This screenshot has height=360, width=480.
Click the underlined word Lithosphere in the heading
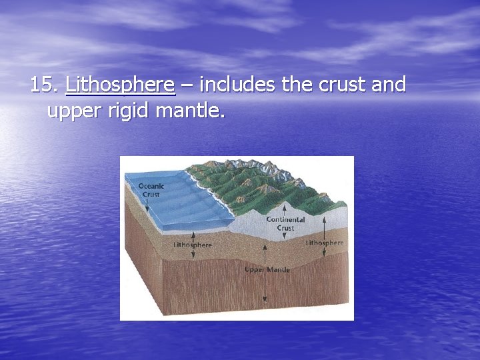(120, 85)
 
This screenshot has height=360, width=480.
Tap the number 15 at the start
(45, 85)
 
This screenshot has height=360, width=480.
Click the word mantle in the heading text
(190, 110)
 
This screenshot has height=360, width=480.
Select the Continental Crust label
(285, 223)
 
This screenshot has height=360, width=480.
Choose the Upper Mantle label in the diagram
(267, 269)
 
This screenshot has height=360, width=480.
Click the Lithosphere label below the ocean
(193, 245)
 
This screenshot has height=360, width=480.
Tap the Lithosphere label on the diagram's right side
(325, 243)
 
